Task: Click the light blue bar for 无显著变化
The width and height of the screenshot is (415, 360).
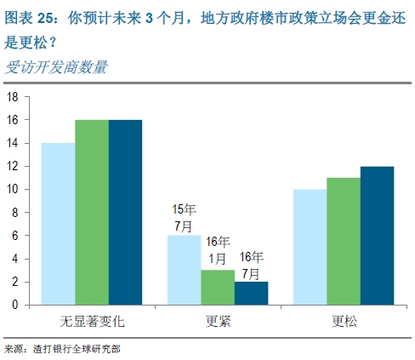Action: pos(58,223)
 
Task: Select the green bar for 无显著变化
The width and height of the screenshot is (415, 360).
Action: pos(91,212)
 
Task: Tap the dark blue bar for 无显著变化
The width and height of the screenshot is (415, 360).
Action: pos(124,212)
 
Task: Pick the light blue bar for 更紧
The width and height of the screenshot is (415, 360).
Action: pos(184,269)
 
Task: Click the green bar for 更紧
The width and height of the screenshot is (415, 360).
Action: pos(217,287)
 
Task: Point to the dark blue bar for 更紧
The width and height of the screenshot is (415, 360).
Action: pos(250,292)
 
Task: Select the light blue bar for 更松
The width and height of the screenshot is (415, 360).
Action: pos(310,246)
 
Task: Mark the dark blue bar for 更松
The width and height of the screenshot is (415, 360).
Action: pos(377,235)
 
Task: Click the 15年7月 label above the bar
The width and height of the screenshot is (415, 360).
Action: pos(185,217)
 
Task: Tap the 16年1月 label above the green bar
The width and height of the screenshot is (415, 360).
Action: pos(218,248)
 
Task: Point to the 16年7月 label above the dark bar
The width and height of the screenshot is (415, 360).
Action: pos(251,265)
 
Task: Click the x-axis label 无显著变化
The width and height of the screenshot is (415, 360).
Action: pos(91,323)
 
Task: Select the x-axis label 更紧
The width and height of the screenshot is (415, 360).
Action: pos(218,323)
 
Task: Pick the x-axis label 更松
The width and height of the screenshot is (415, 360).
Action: pos(344,323)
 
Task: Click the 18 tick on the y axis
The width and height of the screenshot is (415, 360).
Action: pos(13,97)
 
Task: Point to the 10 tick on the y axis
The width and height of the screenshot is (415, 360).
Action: pos(13,189)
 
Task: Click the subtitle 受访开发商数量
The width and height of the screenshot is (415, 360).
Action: pos(56,68)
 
